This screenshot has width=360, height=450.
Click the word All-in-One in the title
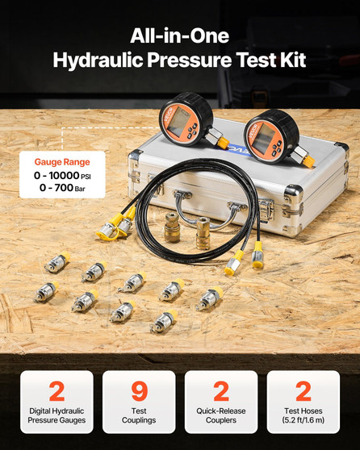tap(179, 36)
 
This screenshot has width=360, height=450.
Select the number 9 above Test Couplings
tap(138, 392)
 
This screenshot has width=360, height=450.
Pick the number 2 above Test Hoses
tap(303, 392)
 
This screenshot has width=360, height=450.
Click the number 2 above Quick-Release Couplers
tap(221, 392)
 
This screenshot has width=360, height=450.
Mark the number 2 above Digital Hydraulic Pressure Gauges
tap(57, 392)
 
